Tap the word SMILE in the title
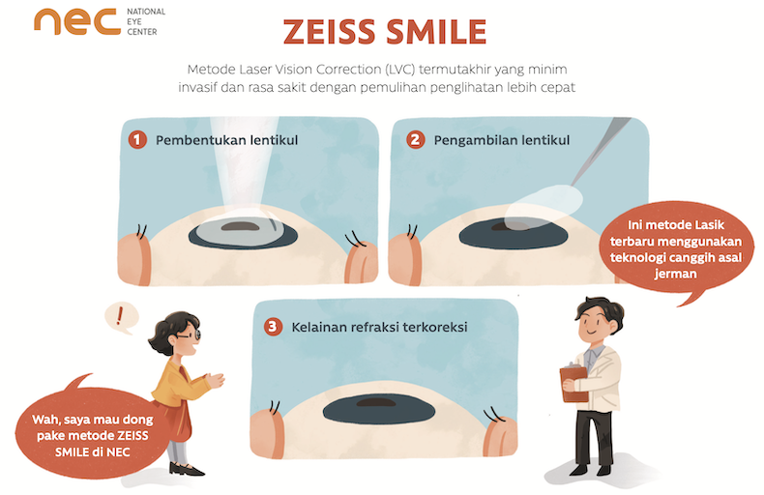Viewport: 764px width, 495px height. pos(436,31)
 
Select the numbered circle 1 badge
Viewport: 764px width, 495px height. pos(137,140)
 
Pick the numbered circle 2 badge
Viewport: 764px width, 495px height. pos(416,140)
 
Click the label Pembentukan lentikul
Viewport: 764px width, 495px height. pos(225,140)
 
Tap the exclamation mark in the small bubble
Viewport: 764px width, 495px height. pos(120,315)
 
